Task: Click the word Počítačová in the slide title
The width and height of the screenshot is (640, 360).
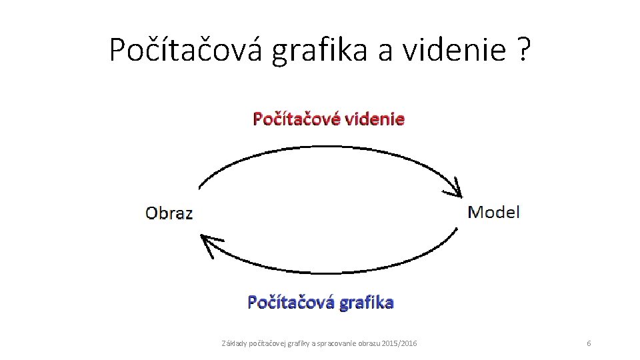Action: click(187, 49)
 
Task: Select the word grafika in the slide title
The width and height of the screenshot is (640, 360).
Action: click(319, 49)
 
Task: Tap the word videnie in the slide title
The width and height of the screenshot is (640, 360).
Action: click(453, 49)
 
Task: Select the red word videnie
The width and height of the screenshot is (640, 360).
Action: click(375, 119)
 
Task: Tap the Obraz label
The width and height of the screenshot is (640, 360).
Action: click(169, 213)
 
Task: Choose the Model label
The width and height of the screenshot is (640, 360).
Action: click(493, 212)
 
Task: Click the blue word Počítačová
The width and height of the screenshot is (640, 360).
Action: click(291, 302)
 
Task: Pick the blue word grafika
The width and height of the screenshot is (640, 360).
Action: click(366, 302)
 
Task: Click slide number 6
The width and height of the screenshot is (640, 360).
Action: click(589, 343)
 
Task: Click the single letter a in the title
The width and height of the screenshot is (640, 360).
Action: click(385, 51)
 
